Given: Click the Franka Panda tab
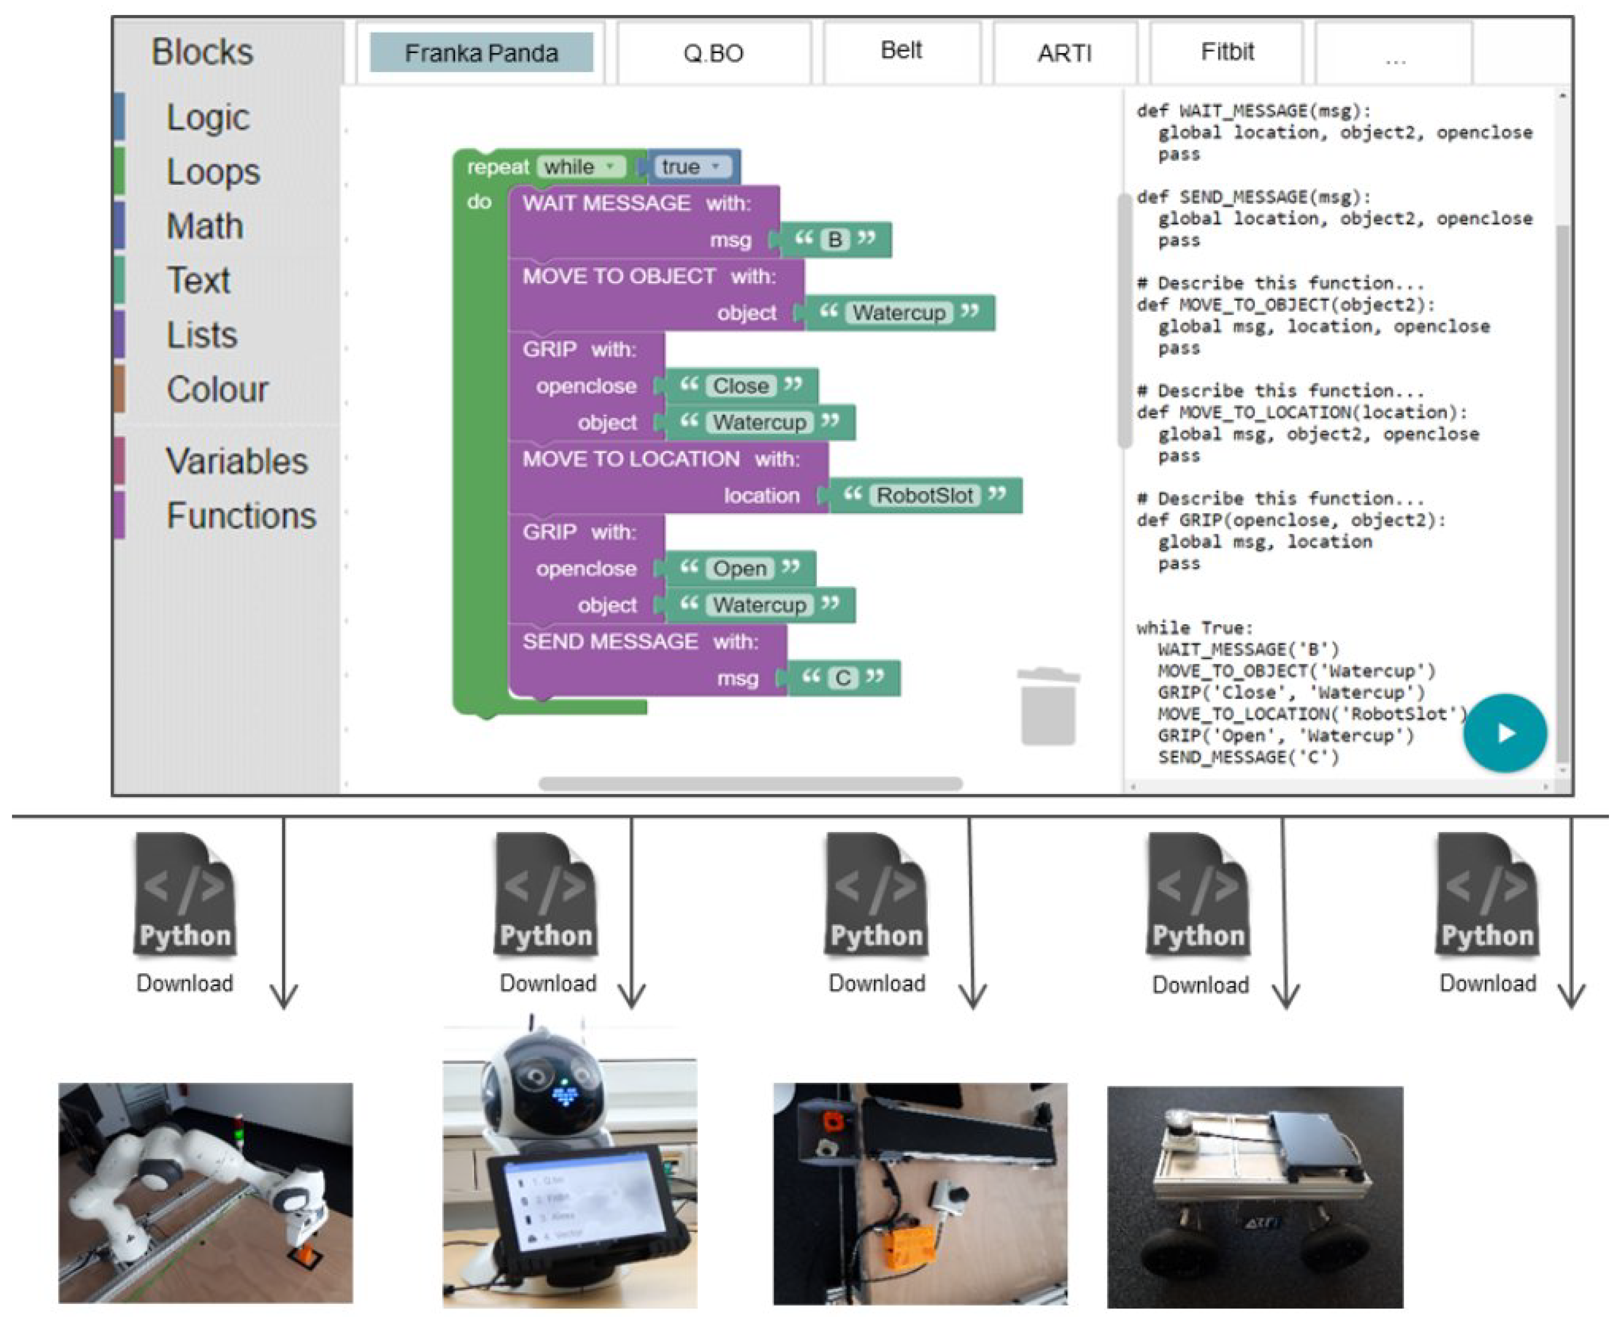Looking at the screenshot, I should coord(481,53).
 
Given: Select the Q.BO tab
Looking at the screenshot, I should coord(713,53).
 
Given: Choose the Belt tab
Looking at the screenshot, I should coord(901,51).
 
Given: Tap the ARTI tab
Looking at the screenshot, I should coord(1065,53).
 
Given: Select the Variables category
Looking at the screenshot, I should coord(236,461).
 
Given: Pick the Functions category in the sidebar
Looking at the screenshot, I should coord(241,515).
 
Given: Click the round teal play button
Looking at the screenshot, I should coord(1504,733).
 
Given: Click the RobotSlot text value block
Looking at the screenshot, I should coord(924,496).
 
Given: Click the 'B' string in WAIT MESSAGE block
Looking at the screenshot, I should coord(834,240).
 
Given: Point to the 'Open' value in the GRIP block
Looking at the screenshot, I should coord(739,568).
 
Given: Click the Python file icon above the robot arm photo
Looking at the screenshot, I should coord(185,894).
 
